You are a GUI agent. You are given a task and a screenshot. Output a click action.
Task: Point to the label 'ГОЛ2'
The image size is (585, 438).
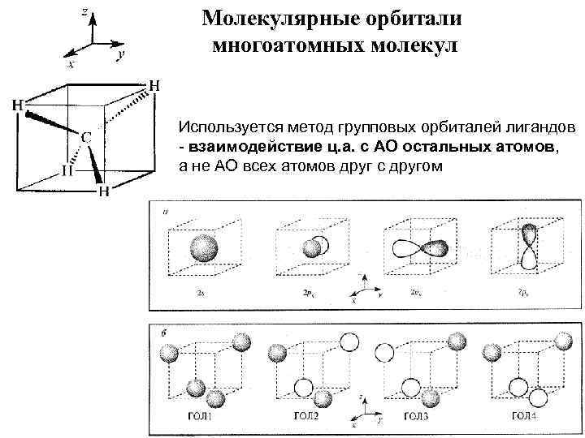click(x=306, y=416)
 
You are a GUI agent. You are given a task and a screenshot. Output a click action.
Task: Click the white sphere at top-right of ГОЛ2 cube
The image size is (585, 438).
click(x=349, y=341)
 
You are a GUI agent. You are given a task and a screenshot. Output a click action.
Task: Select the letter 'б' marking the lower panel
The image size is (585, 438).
click(x=165, y=333)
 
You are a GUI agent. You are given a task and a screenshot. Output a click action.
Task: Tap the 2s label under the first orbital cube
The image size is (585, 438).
click(x=200, y=289)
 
